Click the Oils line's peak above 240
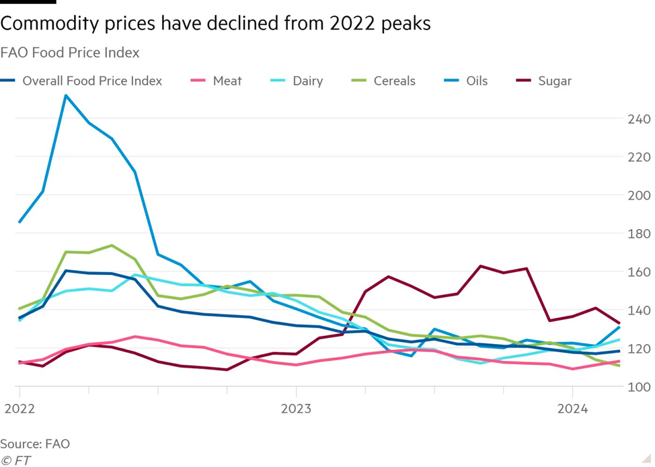click(x=65, y=95)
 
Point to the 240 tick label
click(x=640, y=119)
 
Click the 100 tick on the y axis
click(x=640, y=387)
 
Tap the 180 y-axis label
click(x=640, y=234)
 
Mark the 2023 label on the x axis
click(x=296, y=409)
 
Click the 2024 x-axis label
click(x=572, y=409)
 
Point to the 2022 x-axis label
click(x=20, y=409)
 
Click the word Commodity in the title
click(x=49, y=25)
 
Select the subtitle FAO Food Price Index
click(x=69, y=52)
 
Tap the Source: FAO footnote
click(x=35, y=443)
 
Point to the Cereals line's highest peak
click(x=112, y=245)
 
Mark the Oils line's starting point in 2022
click(x=20, y=222)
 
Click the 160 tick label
click(x=640, y=272)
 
